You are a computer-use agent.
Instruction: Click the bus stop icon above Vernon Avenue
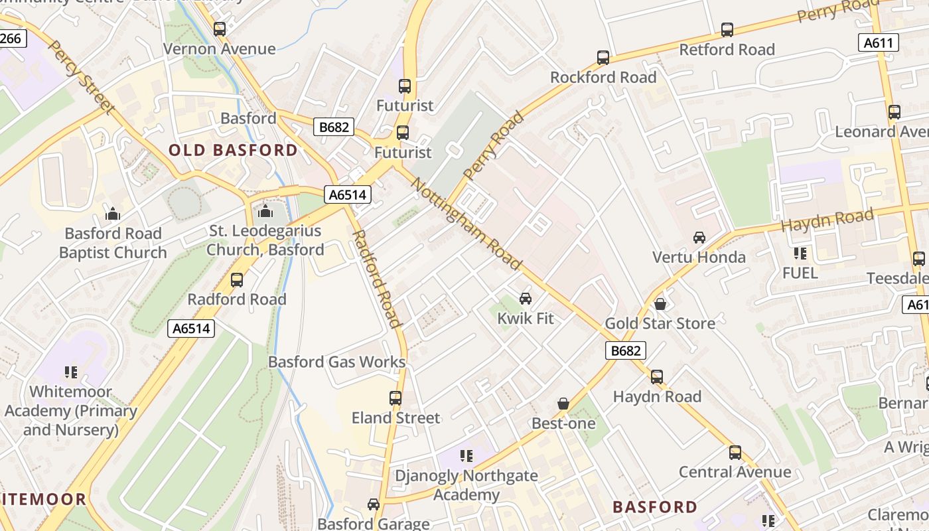220,29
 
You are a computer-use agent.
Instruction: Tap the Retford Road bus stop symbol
727,30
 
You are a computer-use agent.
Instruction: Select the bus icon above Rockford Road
603,58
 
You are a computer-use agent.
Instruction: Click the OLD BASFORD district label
233,150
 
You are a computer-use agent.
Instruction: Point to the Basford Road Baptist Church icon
113,214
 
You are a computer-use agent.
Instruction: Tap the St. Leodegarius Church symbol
265,211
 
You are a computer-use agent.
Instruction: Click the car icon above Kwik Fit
526,299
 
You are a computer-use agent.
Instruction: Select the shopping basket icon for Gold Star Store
660,304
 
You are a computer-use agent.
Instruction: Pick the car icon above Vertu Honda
699,238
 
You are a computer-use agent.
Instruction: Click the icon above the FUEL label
800,254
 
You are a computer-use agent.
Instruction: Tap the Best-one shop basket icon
563,404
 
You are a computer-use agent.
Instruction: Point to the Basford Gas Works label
336,362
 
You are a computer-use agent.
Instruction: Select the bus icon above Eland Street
395,398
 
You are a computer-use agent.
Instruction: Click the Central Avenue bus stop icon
735,453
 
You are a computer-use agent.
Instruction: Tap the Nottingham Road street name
466,223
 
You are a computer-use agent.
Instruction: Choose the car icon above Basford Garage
374,504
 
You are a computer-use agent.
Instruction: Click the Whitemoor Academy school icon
70,372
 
